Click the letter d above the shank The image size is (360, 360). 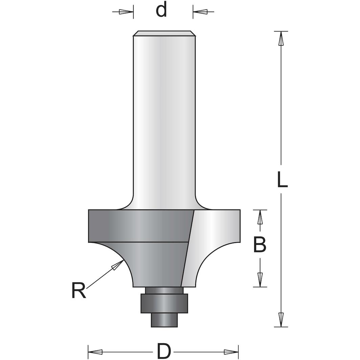162,10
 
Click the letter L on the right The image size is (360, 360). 282,180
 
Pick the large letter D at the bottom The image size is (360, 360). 164,351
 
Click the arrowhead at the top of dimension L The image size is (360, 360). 280,39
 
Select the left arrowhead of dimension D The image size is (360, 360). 95,351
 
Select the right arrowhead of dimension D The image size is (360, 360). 231,351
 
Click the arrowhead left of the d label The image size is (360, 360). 126,12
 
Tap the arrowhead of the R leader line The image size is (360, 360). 117,266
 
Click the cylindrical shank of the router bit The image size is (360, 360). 164,118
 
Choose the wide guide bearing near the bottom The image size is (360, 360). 164,303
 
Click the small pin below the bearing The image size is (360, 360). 164,319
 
